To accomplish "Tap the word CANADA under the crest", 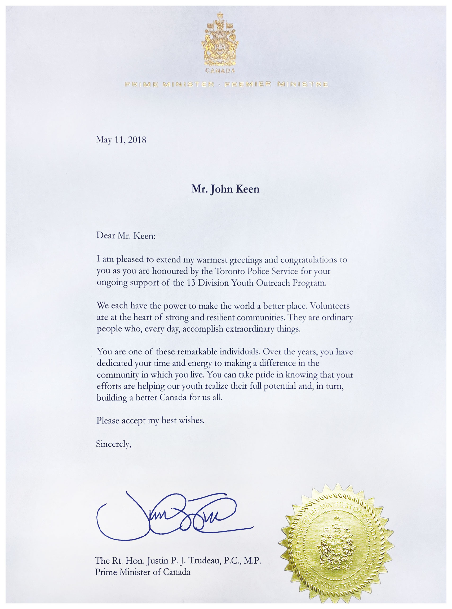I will tap(220, 71).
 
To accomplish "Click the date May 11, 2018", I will tap(121, 140).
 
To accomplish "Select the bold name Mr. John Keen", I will tap(225, 189).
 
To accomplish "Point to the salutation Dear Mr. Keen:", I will tap(126, 236).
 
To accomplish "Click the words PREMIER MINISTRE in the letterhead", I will tap(276, 84).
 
